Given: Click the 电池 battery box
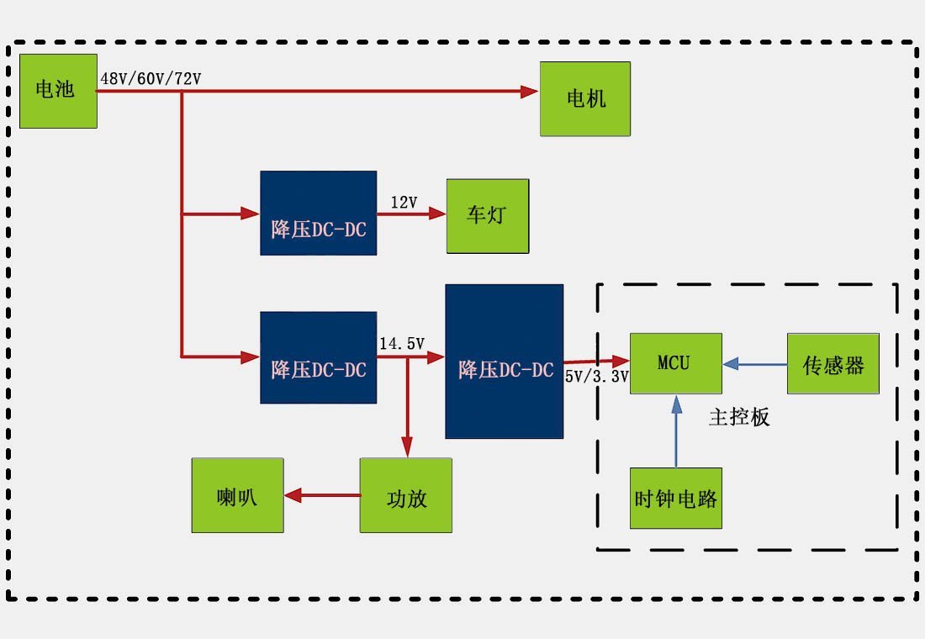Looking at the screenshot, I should (58, 91).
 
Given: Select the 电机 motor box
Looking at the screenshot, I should (585, 98).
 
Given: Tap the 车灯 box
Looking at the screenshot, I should (488, 216).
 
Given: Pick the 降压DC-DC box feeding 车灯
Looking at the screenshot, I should (318, 214).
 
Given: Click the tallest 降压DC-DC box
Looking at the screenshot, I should (504, 362).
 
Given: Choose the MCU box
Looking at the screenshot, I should (675, 363).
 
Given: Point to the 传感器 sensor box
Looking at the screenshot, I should (832, 363).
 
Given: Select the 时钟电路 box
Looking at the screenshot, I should (676, 498).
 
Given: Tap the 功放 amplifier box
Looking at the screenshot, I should (406, 496).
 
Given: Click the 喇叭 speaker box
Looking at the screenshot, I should (237, 496).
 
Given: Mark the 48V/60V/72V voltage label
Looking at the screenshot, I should (151, 79).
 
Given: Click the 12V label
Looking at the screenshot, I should (404, 203).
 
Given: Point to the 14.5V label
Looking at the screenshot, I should (402, 344).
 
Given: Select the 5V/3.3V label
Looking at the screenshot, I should (597, 377).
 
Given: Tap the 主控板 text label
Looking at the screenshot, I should (739, 417).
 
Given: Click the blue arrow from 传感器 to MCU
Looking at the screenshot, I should (754, 364).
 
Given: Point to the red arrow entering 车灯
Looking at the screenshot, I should (416, 214).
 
